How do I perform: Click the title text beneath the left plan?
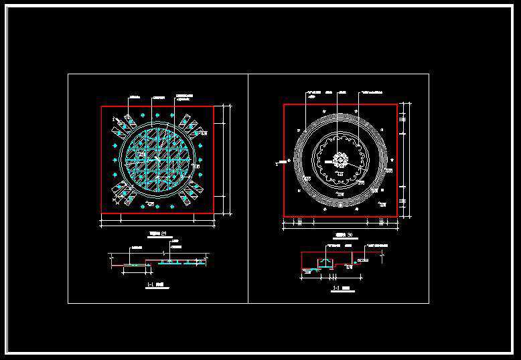point(157,234)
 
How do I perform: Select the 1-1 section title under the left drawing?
point(152,285)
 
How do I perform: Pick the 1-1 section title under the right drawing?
point(339,289)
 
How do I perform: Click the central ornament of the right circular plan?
point(340,161)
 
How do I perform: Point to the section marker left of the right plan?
point(277,161)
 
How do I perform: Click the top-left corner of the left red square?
point(102,106)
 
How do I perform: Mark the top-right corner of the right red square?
point(396,104)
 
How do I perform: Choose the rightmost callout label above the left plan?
point(184,96)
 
